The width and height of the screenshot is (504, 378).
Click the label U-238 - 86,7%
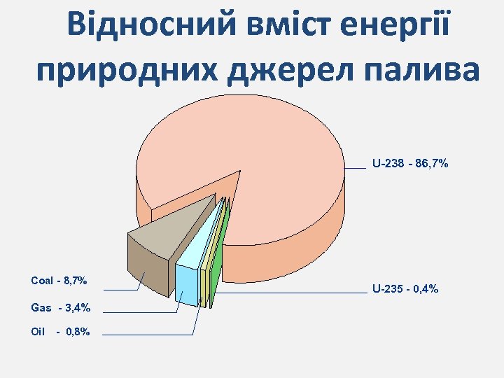(x=410, y=164)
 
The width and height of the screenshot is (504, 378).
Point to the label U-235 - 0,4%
(x=405, y=288)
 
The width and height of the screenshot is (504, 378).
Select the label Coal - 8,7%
(x=59, y=281)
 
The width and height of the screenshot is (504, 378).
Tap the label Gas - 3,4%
(x=61, y=307)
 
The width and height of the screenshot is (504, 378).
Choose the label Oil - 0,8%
(x=61, y=332)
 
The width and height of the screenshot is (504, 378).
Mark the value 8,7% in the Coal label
(x=76, y=281)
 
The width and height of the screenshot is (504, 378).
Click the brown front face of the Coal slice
(x=148, y=266)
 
